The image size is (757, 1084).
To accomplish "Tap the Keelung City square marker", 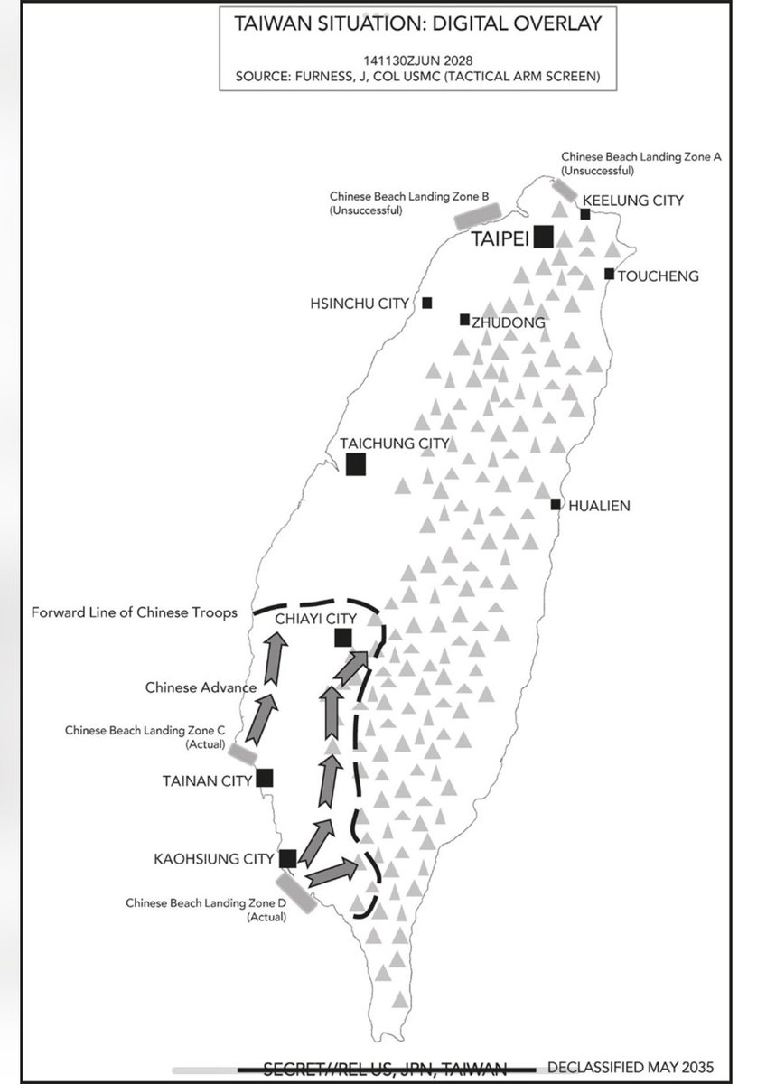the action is tap(585, 214).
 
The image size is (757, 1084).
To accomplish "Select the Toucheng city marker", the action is tap(610, 274).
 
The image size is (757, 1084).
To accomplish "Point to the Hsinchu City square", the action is tap(426, 303).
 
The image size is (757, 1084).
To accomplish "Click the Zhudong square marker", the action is tap(464, 319).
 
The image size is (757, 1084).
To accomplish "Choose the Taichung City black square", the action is tap(356, 463).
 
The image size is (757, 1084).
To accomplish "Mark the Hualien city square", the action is tap(556, 504).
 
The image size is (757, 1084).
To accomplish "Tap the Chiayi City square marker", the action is tap(342, 638).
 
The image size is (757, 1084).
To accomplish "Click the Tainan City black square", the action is tap(265, 777).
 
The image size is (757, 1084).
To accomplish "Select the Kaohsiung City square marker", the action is tap(288, 858).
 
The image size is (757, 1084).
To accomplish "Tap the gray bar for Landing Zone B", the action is tap(477, 213).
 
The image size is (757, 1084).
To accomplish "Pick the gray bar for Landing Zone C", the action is tap(242, 752).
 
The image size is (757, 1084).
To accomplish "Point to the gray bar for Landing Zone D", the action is tap(296, 890).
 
